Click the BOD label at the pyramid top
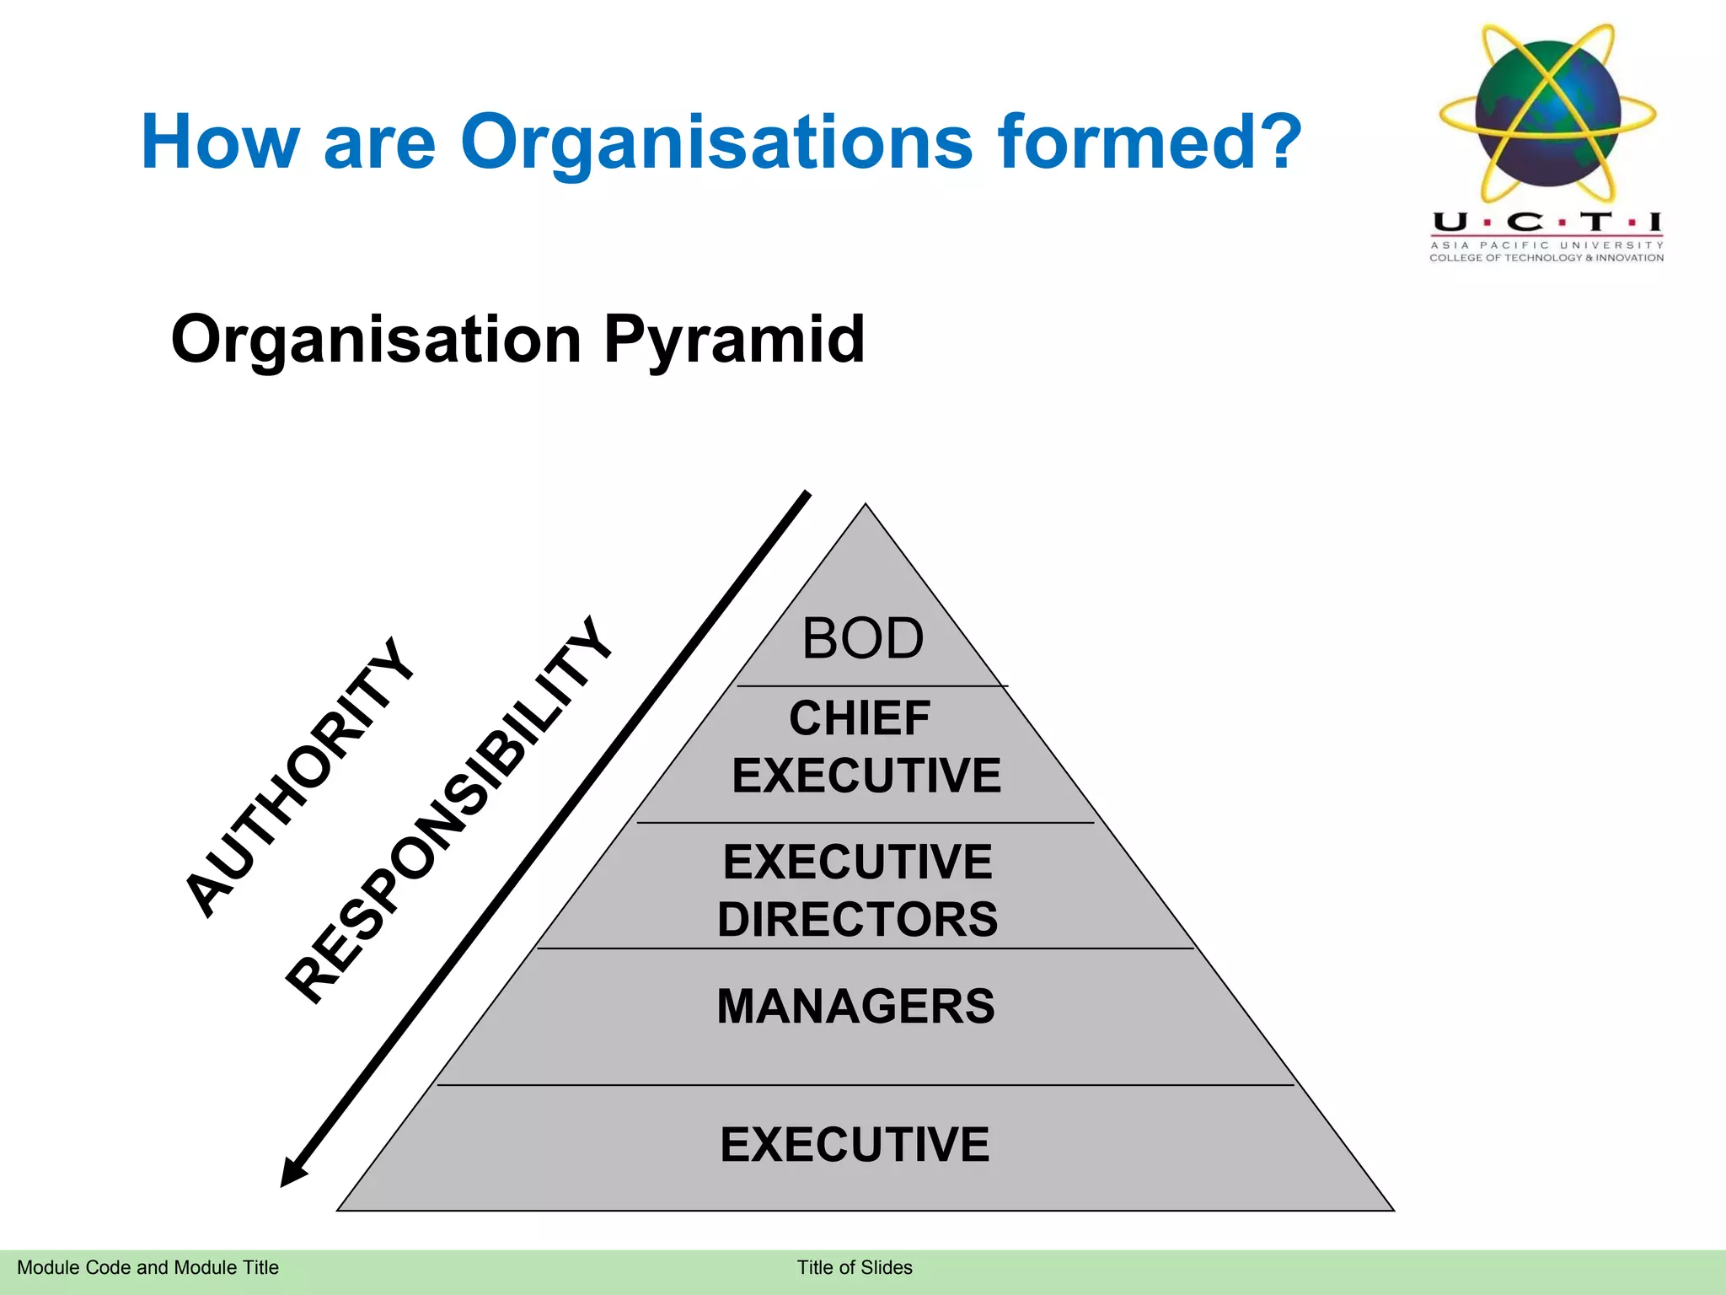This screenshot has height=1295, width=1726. tap(862, 638)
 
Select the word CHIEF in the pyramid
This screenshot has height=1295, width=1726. tap(859, 718)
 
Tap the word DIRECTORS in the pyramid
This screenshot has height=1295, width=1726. tap(857, 919)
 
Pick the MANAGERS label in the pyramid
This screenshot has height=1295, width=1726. tap(855, 1006)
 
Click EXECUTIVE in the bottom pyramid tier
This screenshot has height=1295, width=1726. tap(855, 1144)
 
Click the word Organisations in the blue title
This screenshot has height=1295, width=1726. tap(716, 142)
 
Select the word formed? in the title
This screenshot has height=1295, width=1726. tap(1150, 142)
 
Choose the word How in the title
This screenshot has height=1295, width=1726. tap(220, 142)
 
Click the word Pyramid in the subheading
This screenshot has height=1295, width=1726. tap(734, 339)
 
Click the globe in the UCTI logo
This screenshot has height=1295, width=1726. tap(1547, 114)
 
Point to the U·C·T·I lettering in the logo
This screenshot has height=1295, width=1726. tap(1546, 222)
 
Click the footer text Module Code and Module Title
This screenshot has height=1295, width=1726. tap(147, 1267)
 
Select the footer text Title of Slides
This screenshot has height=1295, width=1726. tap(855, 1267)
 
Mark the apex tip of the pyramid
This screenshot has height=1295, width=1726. tap(866, 505)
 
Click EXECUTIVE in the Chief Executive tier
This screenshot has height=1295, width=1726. tap(866, 776)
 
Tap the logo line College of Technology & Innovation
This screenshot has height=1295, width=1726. tap(1546, 258)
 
